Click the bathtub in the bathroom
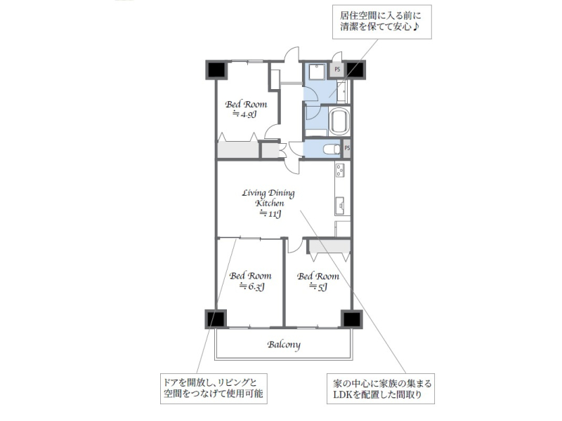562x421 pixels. pos(339,121)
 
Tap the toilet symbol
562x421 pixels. pos(332,149)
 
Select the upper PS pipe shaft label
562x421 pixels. pos(337,69)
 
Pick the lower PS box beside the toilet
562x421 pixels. pos(346,148)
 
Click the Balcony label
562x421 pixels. pos(284,345)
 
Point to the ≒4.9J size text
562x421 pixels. pos(245,114)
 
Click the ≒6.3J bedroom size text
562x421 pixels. pos(252,286)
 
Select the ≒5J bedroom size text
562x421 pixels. pos(318,286)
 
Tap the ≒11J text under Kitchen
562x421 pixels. pos(270,214)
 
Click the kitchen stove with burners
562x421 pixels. pos(340,170)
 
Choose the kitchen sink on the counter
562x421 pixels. pos(340,206)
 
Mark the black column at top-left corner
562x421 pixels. pos(216,69)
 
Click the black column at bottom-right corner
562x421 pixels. pos(352,319)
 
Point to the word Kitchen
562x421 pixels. pos(270,203)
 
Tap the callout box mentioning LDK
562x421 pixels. pos(381,389)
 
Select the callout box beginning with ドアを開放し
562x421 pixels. pos(214,389)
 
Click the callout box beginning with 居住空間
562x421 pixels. pos(381,22)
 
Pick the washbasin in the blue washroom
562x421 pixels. pos(341,91)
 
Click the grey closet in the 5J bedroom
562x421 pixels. pos(329,246)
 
